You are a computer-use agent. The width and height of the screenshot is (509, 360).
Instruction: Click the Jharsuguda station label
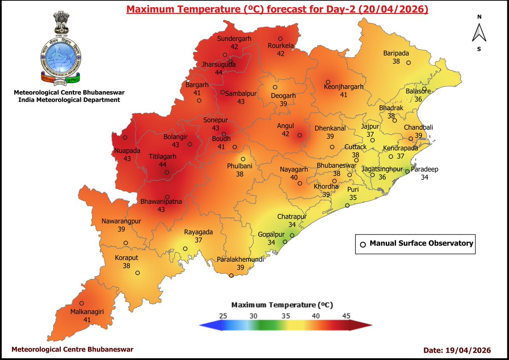(218, 65)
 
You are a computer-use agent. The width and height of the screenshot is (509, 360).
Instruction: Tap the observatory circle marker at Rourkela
(280, 38)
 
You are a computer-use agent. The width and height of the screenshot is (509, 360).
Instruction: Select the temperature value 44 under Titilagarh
(162, 164)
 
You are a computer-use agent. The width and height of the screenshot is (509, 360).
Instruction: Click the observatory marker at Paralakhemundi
(231, 276)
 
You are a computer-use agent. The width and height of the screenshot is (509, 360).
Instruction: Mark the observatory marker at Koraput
(137, 273)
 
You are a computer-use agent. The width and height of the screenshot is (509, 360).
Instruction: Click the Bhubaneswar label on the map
(337, 166)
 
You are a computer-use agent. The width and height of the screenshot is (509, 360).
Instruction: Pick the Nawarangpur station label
(121, 221)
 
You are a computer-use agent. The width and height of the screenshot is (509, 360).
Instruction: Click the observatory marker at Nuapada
(125, 137)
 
